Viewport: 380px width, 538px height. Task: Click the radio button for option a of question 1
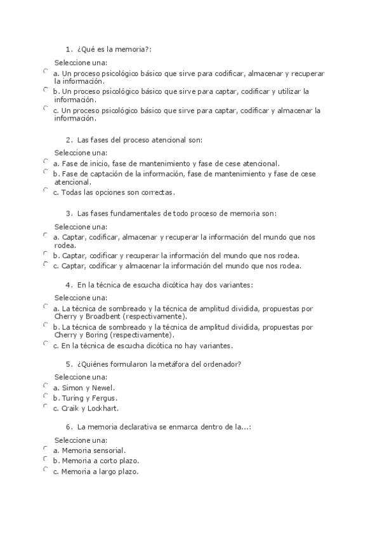pos(46,71)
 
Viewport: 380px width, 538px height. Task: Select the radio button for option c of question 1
pos(46,108)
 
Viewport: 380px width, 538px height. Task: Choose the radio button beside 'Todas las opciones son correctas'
pos(46,189)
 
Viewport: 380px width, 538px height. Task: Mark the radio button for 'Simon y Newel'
pos(46,384)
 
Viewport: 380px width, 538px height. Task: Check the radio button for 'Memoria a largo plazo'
pos(46,469)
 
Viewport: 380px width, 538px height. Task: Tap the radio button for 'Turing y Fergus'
pos(46,395)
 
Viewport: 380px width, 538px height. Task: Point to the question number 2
pos(68,140)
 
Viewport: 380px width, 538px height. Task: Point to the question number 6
pos(68,428)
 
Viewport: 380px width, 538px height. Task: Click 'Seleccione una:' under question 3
pos(81,226)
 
